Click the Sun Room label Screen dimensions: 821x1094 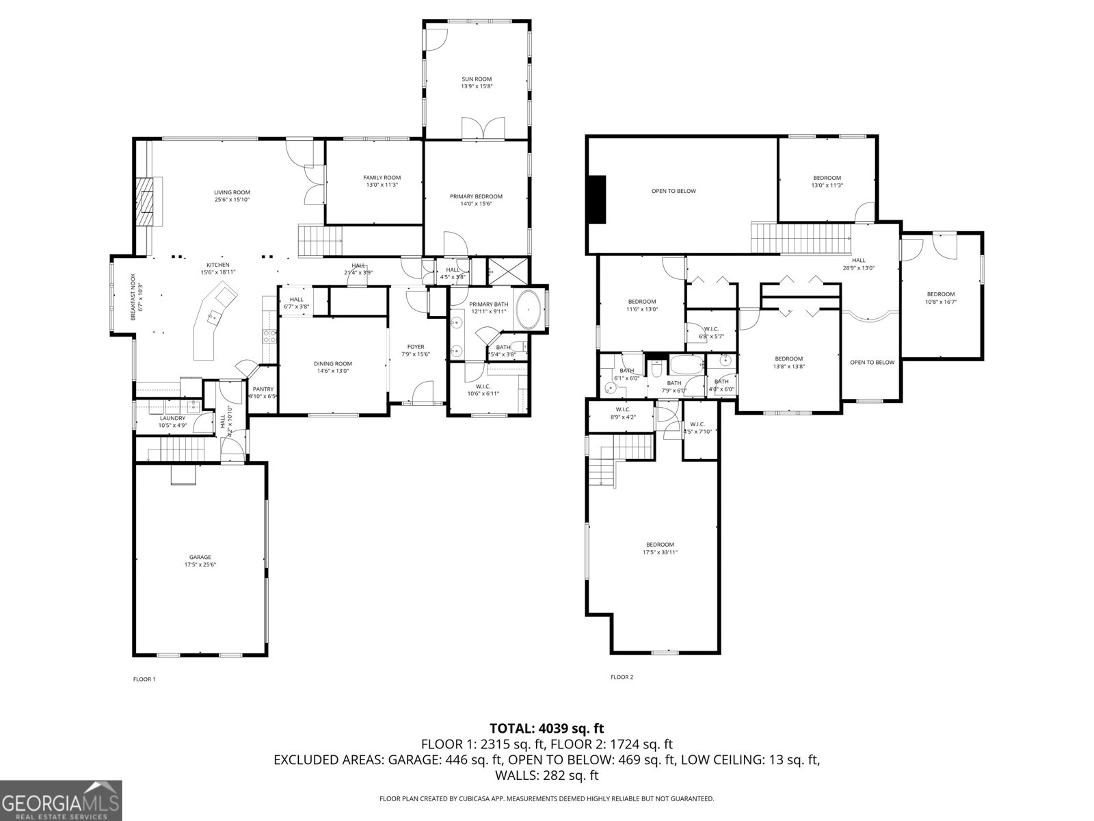(x=477, y=79)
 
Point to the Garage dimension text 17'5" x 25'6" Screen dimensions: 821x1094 (x=200, y=565)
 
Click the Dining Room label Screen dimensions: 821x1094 (x=333, y=363)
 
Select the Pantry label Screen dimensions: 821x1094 (x=263, y=389)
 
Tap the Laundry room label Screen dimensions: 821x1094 (x=172, y=418)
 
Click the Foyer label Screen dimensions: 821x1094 (x=416, y=347)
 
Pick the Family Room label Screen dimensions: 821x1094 (x=382, y=178)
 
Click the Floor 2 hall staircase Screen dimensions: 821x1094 (x=801, y=237)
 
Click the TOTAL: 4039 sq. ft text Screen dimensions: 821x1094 (x=546, y=728)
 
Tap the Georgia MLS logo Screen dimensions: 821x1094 (x=61, y=799)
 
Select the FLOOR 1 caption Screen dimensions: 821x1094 (x=144, y=679)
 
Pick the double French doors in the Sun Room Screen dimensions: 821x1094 (x=483, y=128)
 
